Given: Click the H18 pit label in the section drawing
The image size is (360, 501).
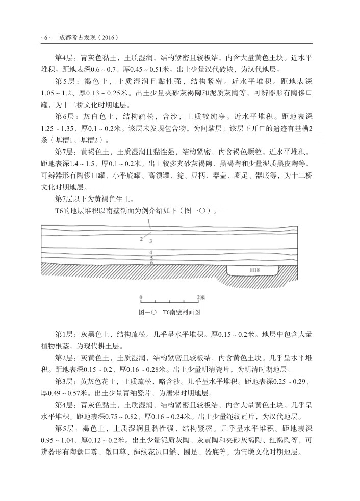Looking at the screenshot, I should click(x=253, y=268).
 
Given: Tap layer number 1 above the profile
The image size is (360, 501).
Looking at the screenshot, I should click(x=148, y=221).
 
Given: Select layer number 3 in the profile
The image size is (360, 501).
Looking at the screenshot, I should click(x=151, y=240).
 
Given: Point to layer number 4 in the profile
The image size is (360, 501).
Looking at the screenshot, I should click(x=151, y=252).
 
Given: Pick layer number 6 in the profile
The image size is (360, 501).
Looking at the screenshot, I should click(x=151, y=263).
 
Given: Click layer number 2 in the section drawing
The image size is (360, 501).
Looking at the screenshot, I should click(x=141, y=238).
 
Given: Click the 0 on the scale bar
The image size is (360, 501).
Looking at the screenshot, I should click(x=141, y=296).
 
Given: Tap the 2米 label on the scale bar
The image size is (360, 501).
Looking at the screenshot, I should click(x=200, y=296).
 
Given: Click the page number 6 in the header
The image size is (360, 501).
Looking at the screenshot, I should click(x=46, y=37).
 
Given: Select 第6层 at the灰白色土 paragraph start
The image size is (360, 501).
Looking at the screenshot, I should click(x=65, y=116).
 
